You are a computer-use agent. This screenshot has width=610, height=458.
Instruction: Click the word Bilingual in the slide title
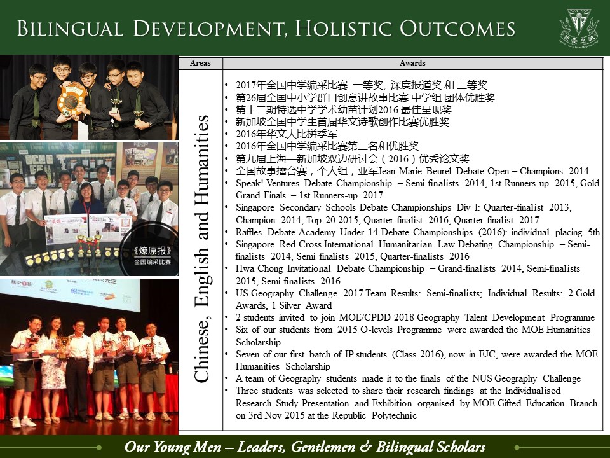[x=70, y=29]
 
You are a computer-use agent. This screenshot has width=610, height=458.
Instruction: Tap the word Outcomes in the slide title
[x=457, y=29]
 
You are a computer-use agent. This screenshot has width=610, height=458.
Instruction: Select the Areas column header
[x=200, y=63]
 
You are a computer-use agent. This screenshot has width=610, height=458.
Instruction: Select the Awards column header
[x=412, y=63]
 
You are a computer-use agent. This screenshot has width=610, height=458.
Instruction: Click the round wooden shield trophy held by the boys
[x=71, y=100]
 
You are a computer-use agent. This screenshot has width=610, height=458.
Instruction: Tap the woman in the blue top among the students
[x=88, y=199]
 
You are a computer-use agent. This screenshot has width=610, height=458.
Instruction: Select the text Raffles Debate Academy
[x=285, y=232]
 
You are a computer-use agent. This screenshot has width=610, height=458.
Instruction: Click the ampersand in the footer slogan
[x=365, y=447]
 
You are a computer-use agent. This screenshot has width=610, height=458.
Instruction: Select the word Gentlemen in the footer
[x=323, y=447]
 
